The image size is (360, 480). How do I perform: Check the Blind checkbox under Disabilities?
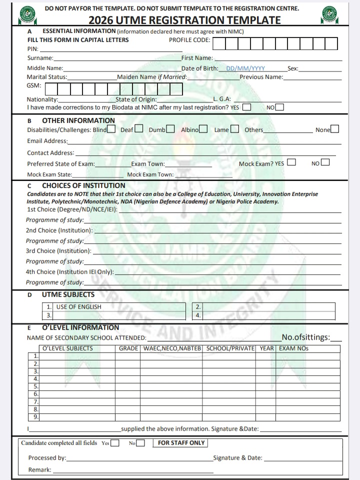pyautogui.click(x=111, y=129)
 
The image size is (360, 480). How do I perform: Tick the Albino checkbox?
pyautogui.click(x=203, y=129)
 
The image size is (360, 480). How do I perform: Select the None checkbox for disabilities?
pyautogui.click(x=334, y=129)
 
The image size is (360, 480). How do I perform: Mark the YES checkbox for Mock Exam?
pyautogui.click(x=291, y=162)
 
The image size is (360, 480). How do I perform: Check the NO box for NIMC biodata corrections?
pyautogui.click(x=279, y=106)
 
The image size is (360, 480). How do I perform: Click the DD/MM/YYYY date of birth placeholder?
pyautogui.click(x=245, y=68)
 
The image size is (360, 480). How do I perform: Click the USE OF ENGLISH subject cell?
pyautogui.click(x=78, y=306)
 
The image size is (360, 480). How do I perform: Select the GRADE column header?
pyautogui.click(x=128, y=348)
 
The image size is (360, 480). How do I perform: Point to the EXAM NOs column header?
pyautogui.click(x=294, y=348)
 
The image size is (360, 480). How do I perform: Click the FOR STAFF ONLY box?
pyautogui.click(x=181, y=442)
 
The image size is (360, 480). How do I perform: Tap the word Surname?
pyautogui.click(x=40, y=58)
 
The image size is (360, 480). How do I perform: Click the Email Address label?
pyautogui.click(x=47, y=141)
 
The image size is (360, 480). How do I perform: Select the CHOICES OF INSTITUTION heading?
pyautogui.click(x=83, y=185)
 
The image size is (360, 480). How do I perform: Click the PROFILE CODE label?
pyautogui.click(x=189, y=40)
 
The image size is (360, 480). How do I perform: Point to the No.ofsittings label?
pyautogui.click(x=305, y=337)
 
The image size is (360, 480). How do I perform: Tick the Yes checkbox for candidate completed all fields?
pyautogui.click(x=115, y=443)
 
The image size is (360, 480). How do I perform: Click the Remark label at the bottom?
pyautogui.click(x=39, y=469)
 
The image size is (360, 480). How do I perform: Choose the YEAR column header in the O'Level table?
pyautogui.click(x=267, y=348)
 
